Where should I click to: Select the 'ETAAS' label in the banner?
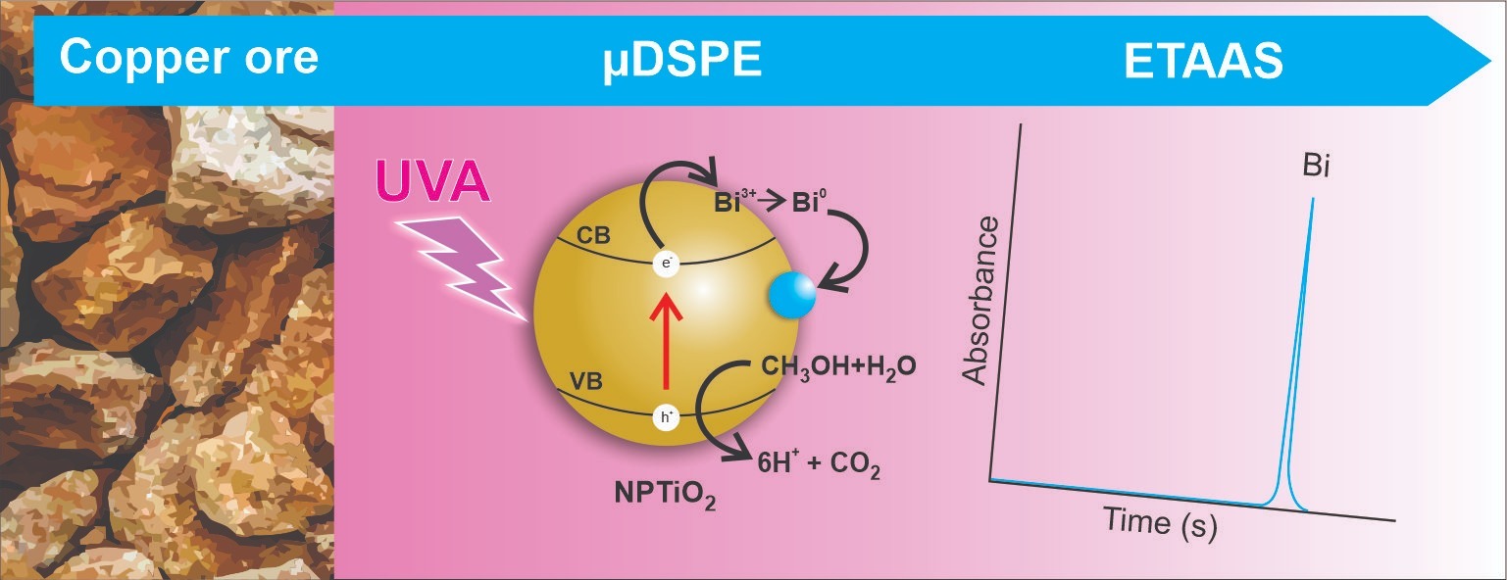[1203, 63]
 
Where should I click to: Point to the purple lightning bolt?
[461, 260]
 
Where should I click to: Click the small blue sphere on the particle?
[791, 294]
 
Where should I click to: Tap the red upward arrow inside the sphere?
[667, 343]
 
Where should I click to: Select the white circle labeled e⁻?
[667, 264]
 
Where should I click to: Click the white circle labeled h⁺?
[667, 417]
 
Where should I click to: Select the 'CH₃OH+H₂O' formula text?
[838, 367]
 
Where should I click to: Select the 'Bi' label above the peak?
[1316, 167]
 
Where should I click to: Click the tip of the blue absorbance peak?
[1311, 200]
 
